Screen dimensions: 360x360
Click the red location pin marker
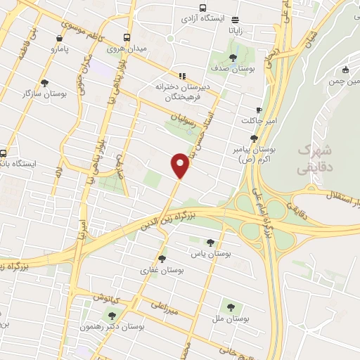[180, 166]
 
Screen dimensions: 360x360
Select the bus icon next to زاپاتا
[234, 20]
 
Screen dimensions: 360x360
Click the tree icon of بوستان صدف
[233, 57]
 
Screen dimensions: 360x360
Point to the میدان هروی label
[124, 49]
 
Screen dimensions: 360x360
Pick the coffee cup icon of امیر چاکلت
[259, 110]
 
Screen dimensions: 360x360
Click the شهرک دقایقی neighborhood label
[312, 159]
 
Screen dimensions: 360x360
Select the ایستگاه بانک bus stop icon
[4, 153]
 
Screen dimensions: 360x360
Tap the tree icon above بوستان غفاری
[162, 259]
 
